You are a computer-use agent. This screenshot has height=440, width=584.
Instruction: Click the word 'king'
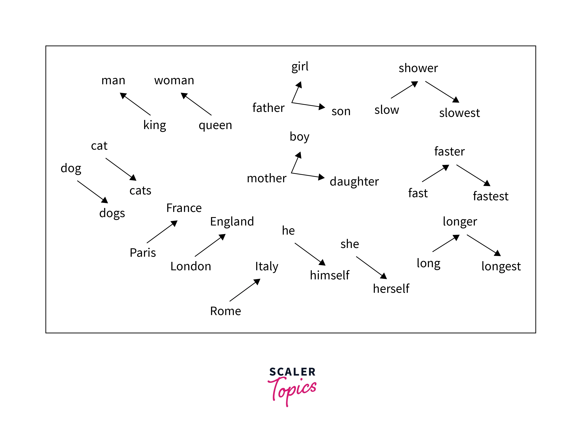click(155, 125)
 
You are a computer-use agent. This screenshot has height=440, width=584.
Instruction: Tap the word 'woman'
click(174, 80)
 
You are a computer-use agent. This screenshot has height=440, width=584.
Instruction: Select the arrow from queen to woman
click(196, 104)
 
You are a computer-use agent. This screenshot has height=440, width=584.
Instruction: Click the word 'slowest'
click(459, 113)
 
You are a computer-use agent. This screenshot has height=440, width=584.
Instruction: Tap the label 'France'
click(184, 208)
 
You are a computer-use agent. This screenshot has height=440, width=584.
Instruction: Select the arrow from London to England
click(210, 245)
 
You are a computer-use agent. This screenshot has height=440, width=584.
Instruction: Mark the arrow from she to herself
click(372, 268)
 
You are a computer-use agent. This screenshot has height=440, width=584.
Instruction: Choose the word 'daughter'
click(354, 182)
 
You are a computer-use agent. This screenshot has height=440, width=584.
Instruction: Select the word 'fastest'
click(491, 196)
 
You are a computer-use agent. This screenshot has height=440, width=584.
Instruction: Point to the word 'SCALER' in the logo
click(292, 372)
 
